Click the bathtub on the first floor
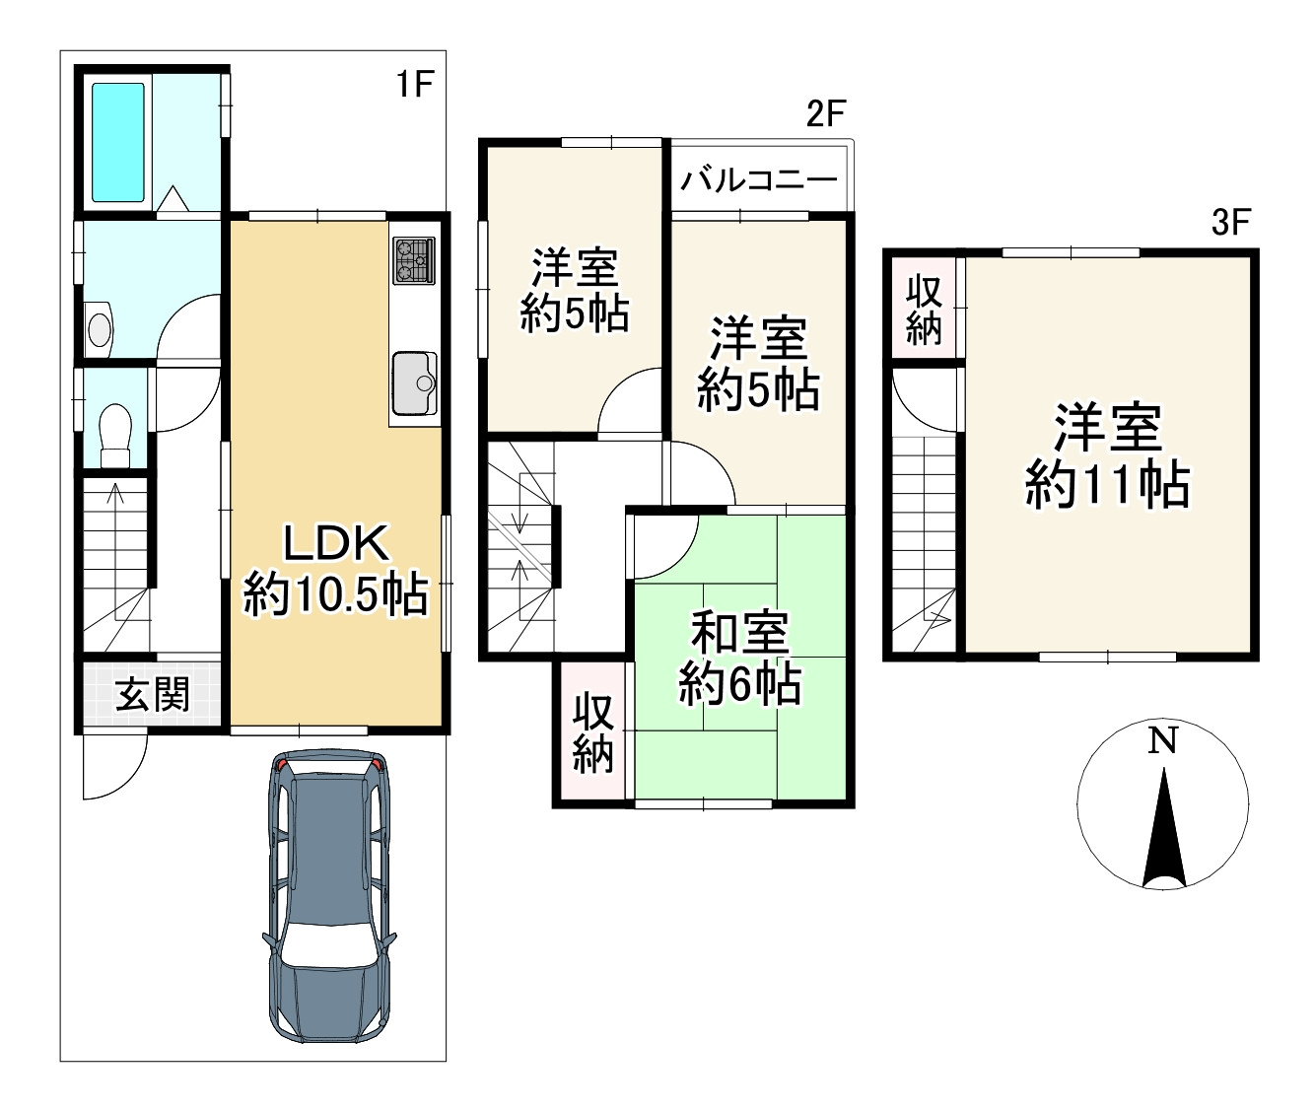pos(118,142)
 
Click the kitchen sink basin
pos(414,382)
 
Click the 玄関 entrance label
pos(153,694)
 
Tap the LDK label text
pos(335,544)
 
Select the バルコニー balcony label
pos(759,180)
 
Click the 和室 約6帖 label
pos(740,659)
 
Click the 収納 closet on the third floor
pos(924,312)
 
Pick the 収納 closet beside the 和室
pos(592,733)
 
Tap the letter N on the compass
pos(1162,740)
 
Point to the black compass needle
pos(1163,827)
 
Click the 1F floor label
pos(415,85)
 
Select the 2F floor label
pos(825,115)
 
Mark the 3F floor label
pos(1231,223)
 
